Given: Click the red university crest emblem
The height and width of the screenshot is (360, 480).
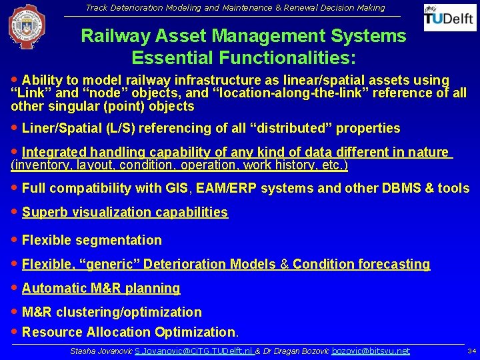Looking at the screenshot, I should pyautogui.click(x=27, y=27).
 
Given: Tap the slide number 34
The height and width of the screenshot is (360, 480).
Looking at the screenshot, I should pyautogui.click(x=471, y=351).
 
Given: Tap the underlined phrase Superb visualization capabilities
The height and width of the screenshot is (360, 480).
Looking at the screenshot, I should pyautogui.click(x=125, y=212).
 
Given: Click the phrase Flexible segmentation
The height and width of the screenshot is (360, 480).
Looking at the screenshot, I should pyautogui.click(x=92, y=240).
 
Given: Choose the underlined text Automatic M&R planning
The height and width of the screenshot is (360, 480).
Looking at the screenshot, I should pyautogui.click(x=101, y=288).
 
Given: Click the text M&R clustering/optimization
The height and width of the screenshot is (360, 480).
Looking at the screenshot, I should pyautogui.click(x=111, y=312).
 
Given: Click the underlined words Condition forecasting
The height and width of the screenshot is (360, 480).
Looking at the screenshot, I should pyautogui.click(x=361, y=264).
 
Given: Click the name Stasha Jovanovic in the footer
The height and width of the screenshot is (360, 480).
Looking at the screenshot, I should pyautogui.click(x=101, y=351).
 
